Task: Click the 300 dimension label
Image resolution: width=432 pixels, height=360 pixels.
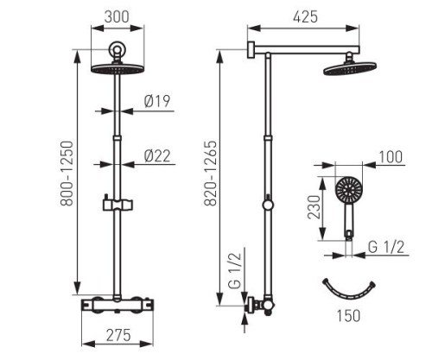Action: click(117, 17)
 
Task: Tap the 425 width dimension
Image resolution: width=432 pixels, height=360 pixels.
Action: click(306, 17)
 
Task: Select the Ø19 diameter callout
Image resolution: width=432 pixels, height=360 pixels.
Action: click(157, 101)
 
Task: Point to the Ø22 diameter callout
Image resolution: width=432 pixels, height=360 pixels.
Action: click(157, 156)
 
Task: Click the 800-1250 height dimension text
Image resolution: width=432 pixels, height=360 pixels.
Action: click(67, 173)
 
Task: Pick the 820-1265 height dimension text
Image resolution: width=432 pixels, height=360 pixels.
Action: click(210, 173)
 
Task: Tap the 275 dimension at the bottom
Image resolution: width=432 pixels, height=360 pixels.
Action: click(118, 336)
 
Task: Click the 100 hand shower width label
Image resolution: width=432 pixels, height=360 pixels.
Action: click(391, 157)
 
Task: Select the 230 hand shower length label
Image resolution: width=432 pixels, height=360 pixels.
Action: click(314, 207)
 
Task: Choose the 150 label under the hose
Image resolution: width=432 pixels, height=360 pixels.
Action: click(348, 315)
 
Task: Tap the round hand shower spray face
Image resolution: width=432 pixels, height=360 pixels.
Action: click(349, 190)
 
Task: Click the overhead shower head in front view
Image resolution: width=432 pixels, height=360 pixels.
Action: click(118, 69)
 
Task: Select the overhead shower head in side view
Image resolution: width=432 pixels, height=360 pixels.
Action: click(350, 68)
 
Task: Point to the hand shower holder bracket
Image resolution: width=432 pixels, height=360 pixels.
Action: click(118, 204)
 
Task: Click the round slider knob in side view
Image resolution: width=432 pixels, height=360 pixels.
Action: click(268, 205)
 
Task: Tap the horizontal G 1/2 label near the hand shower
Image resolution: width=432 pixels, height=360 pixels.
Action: click(386, 247)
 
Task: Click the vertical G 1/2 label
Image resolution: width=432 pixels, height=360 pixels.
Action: click(235, 271)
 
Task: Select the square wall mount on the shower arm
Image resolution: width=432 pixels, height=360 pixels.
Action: click(251, 50)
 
